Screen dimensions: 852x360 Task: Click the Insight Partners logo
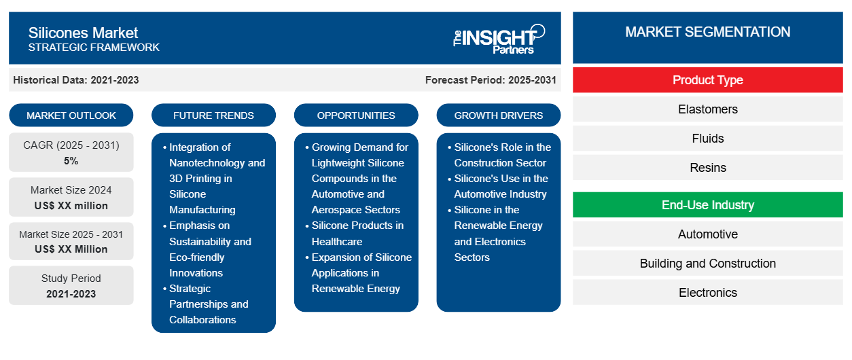(x=499, y=39)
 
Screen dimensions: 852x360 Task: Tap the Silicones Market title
(x=83, y=33)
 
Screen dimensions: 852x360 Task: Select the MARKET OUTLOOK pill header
(x=71, y=115)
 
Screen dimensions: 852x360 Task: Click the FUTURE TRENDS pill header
(x=213, y=115)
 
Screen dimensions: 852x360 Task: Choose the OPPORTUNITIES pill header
(x=356, y=115)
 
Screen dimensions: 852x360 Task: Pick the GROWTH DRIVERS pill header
(x=498, y=115)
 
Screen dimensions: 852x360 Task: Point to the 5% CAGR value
(x=71, y=161)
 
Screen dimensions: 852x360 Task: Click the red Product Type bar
(x=707, y=80)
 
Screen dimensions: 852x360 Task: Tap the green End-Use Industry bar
(x=707, y=205)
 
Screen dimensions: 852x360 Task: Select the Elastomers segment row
(x=707, y=109)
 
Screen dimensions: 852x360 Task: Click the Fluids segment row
(x=707, y=139)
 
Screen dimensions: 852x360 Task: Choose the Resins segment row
(x=707, y=168)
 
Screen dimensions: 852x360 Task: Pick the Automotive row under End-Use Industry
(x=707, y=234)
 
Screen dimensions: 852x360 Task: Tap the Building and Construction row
(x=707, y=263)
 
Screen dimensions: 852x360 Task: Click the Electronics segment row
(x=707, y=292)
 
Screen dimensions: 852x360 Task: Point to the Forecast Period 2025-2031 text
(x=491, y=80)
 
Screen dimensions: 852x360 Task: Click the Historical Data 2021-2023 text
(x=76, y=80)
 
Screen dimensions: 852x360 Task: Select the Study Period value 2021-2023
(x=71, y=294)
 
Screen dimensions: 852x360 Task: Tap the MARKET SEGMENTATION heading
(x=707, y=32)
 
